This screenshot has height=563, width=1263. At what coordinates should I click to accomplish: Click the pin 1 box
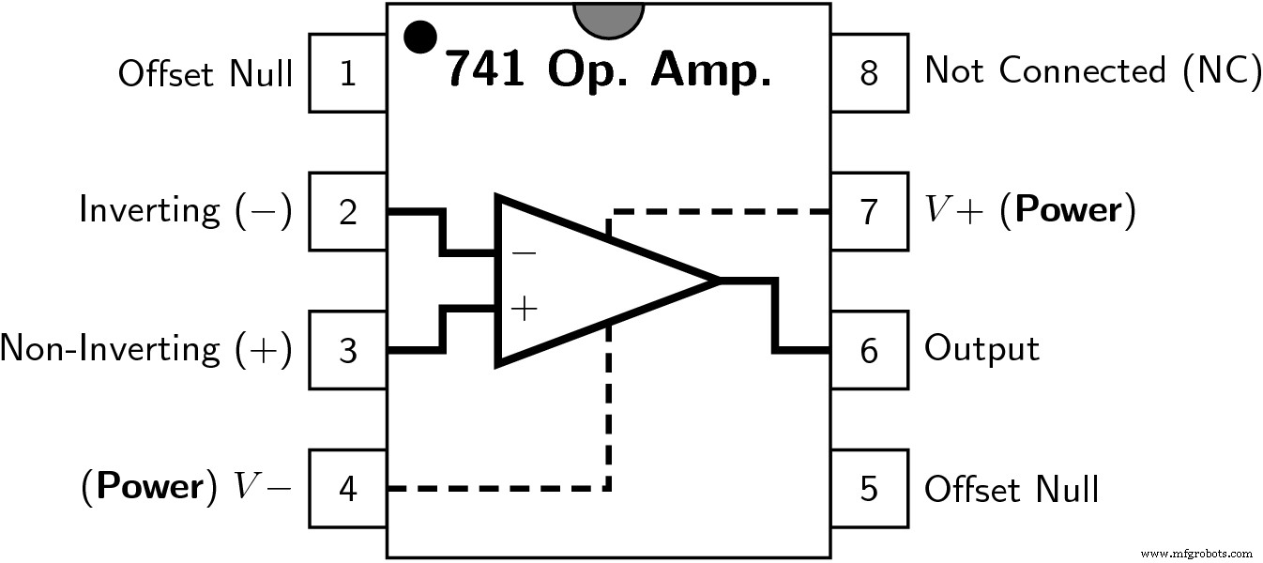[x=348, y=73]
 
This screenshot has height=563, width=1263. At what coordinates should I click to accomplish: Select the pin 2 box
[x=348, y=212]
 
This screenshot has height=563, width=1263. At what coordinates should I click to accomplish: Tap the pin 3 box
[x=348, y=351]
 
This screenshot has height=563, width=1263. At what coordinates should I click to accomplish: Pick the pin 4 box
[x=348, y=489]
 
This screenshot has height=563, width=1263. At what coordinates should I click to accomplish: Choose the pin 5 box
[x=869, y=489]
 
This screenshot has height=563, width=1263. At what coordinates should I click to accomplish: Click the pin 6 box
[x=869, y=351]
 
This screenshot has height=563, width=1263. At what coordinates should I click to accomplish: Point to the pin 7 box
[x=869, y=212]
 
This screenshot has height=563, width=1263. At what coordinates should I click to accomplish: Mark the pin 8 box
[x=869, y=73]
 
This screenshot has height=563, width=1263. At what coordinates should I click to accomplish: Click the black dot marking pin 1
[x=419, y=37]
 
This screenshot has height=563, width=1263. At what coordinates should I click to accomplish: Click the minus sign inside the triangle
[x=524, y=251]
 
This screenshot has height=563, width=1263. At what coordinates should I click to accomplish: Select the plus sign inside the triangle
[x=524, y=308]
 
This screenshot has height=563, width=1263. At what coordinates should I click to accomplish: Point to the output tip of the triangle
[x=718, y=280]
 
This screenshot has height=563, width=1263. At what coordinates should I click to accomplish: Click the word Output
[x=981, y=349]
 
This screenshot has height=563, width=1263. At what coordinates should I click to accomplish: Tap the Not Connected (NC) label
[x=1092, y=71]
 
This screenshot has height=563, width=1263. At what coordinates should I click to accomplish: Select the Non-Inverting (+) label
[x=146, y=349]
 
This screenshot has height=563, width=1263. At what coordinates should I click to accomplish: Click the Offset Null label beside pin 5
[x=1012, y=489]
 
